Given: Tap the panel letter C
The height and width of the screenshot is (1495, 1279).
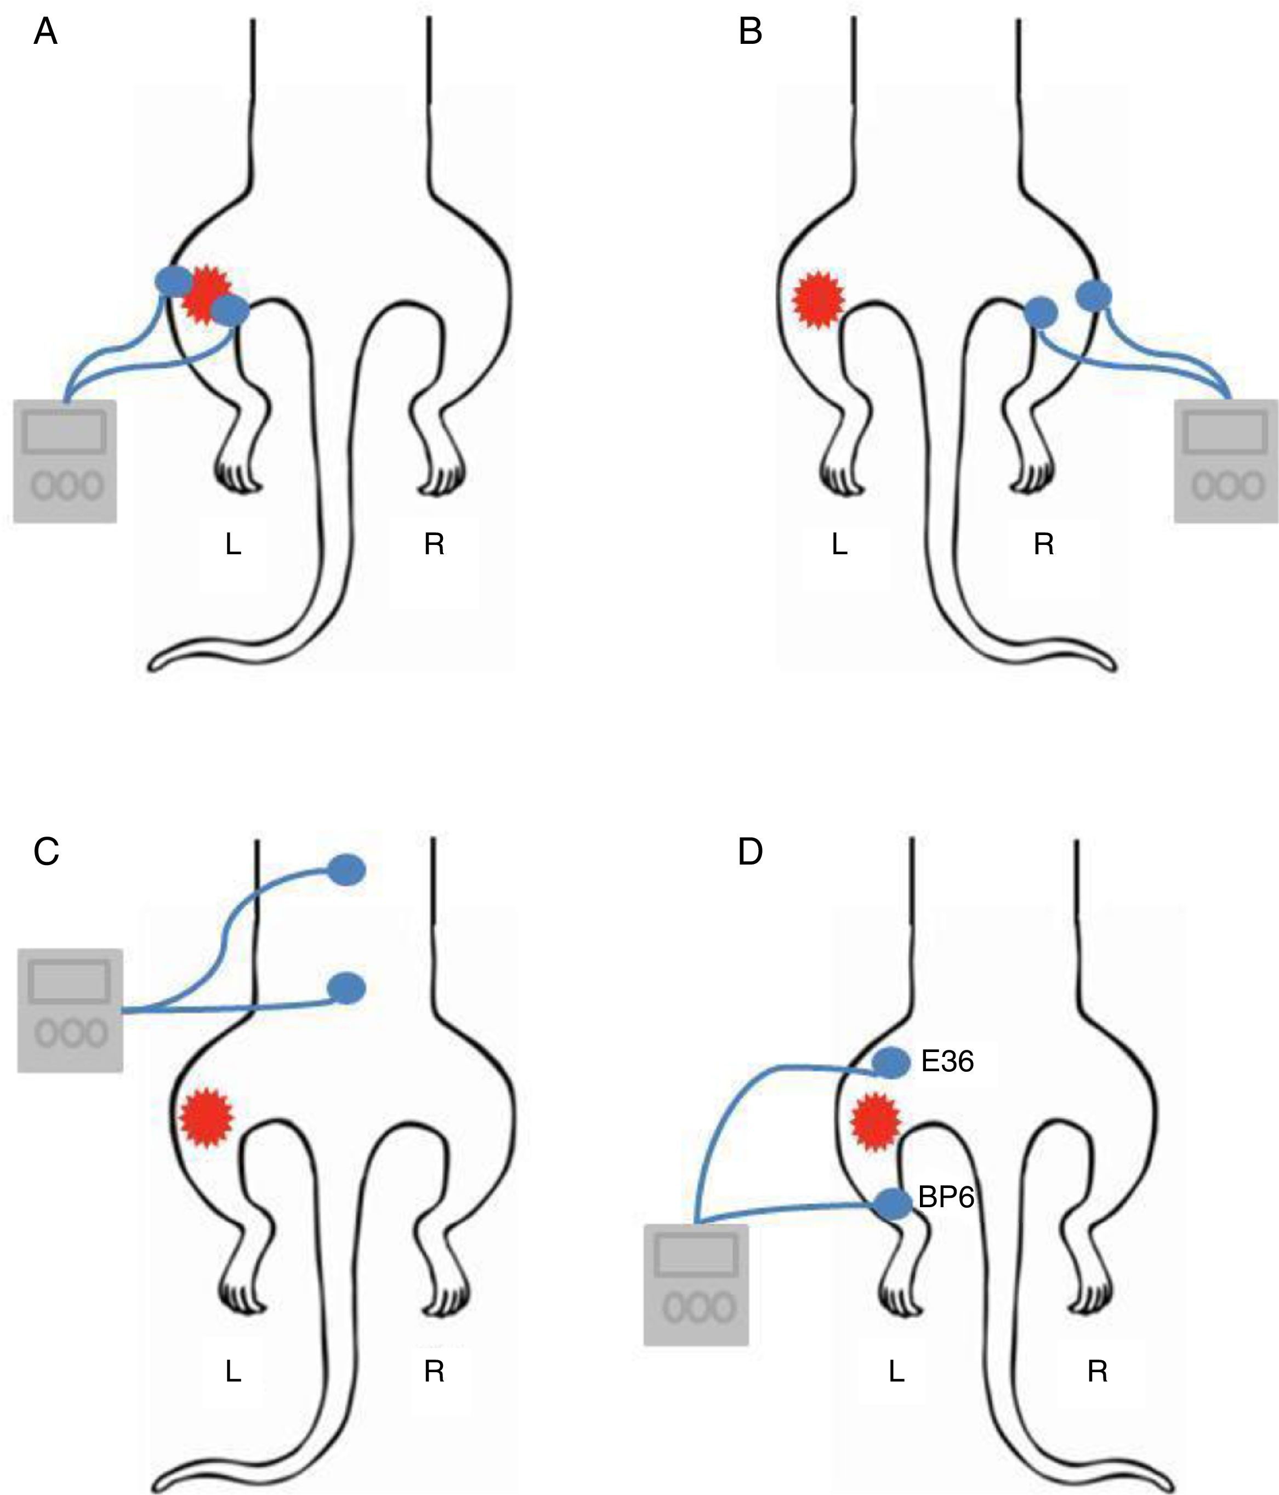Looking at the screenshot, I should pyautogui.click(x=46, y=852).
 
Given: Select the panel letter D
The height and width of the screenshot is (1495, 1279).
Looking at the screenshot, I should pyautogui.click(x=750, y=852).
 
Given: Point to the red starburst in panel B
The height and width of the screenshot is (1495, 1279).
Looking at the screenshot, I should pyautogui.click(x=818, y=300).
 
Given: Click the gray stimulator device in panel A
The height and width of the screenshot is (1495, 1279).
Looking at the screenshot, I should pyautogui.click(x=65, y=461).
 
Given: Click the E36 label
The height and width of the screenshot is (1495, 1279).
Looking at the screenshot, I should pyautogui.click(x=948, y=1061).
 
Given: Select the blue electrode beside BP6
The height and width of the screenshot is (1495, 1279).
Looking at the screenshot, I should pyautogui.click(x=893, y=1204).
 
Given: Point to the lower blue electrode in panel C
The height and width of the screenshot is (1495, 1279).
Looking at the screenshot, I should pyautogui.click(x=347, y=988).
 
